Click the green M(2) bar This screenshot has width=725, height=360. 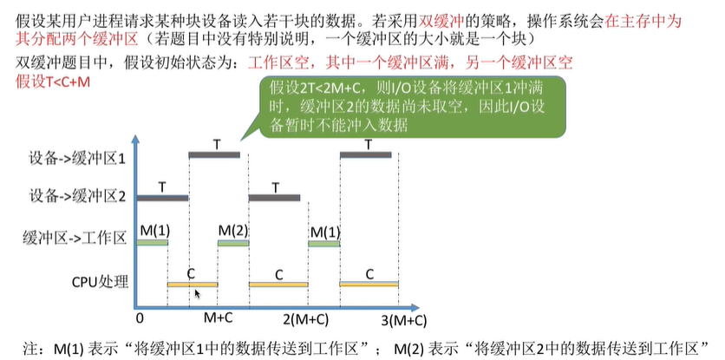click(233, 244)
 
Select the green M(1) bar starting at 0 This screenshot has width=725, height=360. click(151, 244)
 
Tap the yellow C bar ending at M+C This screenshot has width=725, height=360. click(192, 285)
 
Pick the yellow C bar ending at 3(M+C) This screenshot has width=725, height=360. click(369, 285)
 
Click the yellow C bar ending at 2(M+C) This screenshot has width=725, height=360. click(278, 285)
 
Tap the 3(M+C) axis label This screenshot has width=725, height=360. click(402, 319)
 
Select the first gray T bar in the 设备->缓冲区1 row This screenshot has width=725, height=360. click(214, 155)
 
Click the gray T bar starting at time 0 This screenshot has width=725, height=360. click(161, 199)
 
